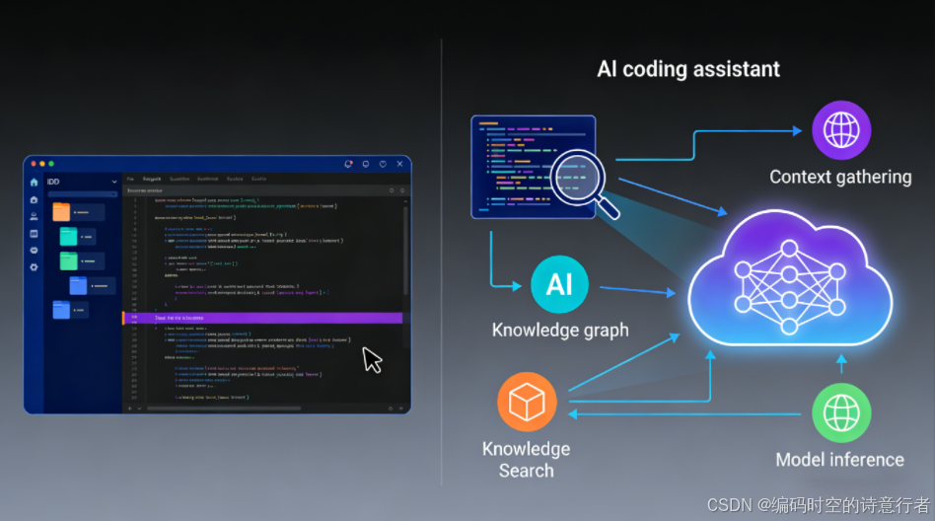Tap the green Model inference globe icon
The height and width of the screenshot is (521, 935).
point(840,412)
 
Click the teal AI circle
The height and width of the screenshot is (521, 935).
point(559,285)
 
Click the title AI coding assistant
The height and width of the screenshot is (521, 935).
point(688,69)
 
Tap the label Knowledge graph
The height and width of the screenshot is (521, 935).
point(560,330)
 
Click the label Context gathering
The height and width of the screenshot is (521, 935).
point(840,177)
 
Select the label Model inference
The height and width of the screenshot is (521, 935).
point(839,459)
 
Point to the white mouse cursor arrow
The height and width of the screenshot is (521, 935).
point(371,359)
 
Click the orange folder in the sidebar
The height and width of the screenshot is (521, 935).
point(61,211)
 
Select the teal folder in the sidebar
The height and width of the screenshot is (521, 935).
point(68,236)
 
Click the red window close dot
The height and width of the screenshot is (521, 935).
point(32,163)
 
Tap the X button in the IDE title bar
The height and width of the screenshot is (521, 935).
point(399,164)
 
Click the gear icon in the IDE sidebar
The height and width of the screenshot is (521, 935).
point(35,266)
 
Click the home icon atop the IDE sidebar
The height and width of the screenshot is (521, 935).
point(35,182)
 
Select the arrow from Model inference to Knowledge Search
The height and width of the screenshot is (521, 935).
point(690,414)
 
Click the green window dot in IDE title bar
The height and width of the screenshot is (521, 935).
point(50,163)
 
